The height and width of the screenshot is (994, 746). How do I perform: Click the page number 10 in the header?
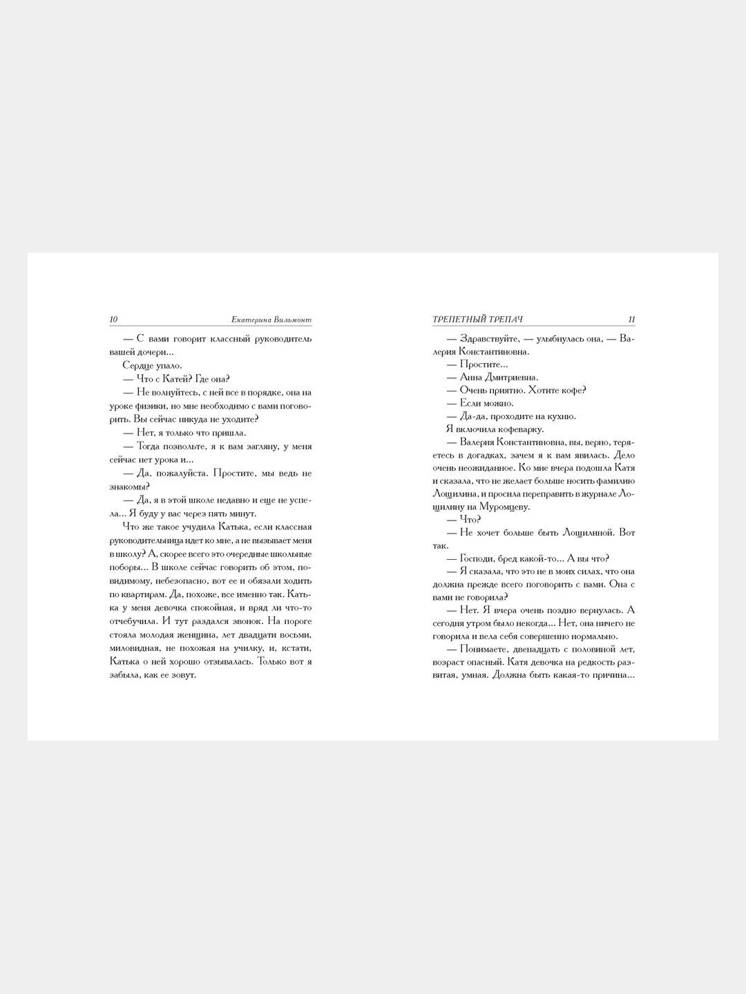click(x=114, y=320)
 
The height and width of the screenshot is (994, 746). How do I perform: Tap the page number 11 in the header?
click(x=631, y=320)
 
